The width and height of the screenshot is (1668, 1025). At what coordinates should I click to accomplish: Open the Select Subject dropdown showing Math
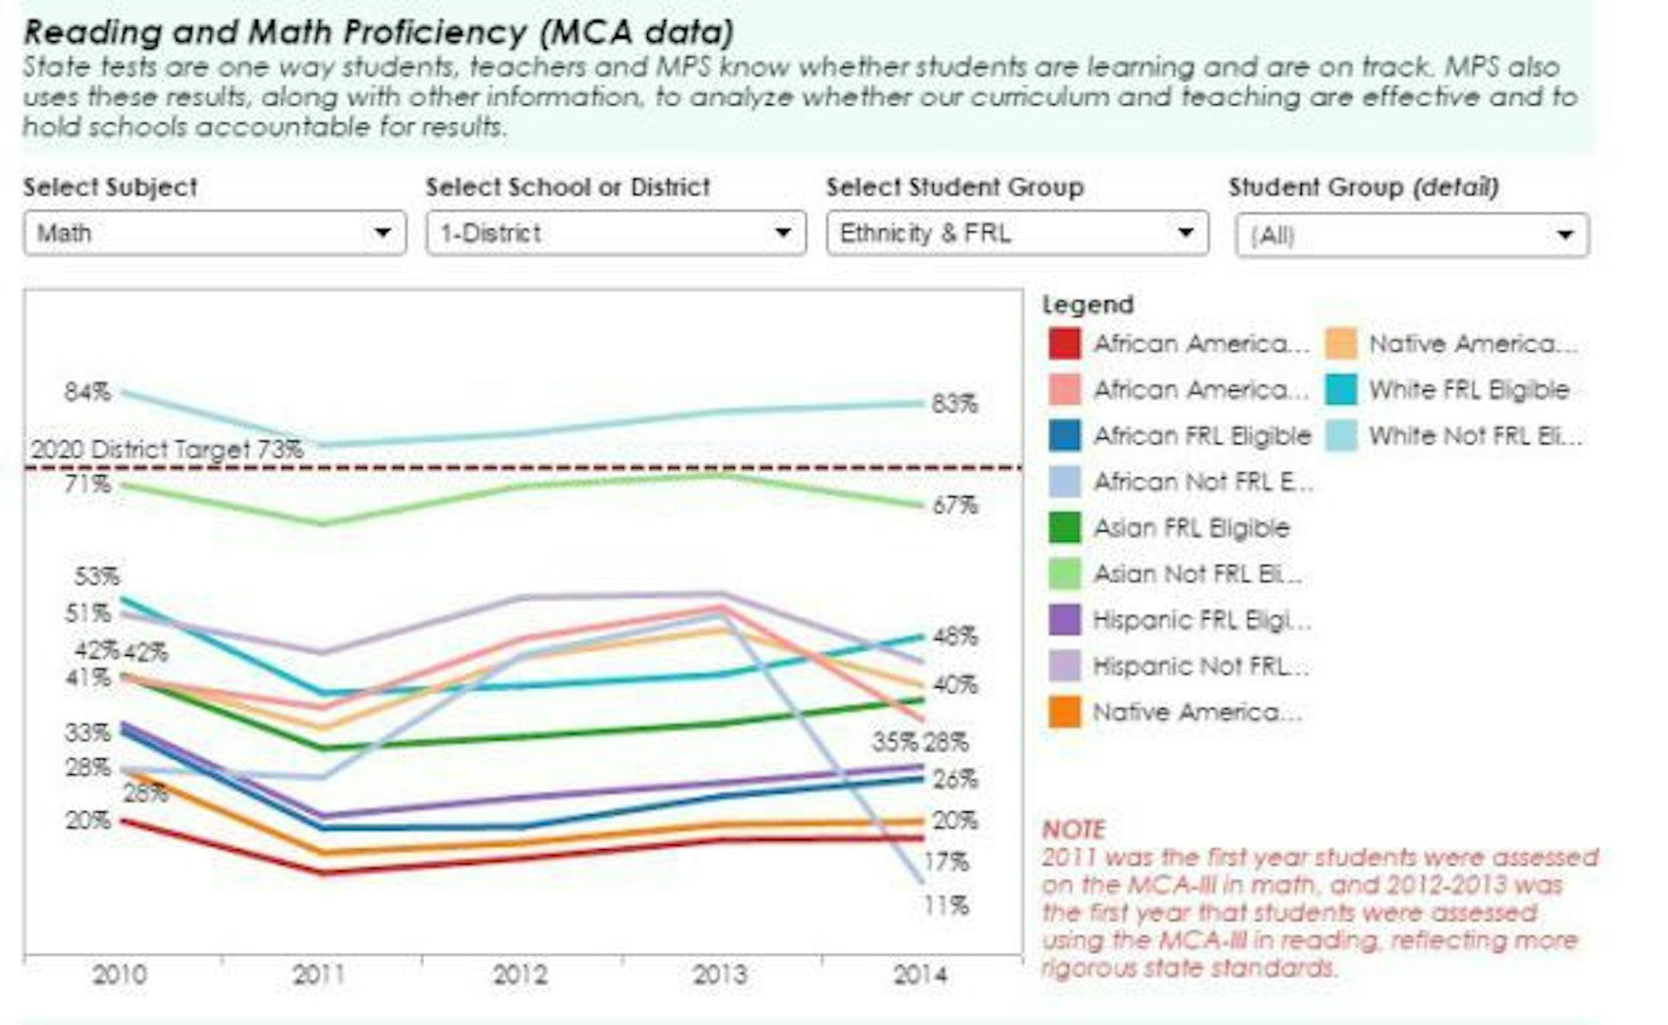click(214, 233)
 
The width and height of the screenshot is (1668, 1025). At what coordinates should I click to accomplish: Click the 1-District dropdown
click(615, 233)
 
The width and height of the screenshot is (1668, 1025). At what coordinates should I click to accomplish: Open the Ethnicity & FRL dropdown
click(1016, 233)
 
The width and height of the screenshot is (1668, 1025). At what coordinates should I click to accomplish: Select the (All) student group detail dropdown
click(1412, 235)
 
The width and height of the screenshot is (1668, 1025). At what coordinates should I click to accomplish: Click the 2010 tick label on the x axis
click(119, 975)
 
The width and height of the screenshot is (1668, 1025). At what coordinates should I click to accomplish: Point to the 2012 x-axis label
click(520, 975)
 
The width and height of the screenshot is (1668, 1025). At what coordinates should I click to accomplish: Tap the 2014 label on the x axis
click(920, 975)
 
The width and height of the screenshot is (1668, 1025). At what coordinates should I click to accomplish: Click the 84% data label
click(87, 392)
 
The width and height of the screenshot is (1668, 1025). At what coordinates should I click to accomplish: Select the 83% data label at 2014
click(954, 404)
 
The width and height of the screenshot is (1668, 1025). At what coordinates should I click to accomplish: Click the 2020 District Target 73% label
click(167, 450)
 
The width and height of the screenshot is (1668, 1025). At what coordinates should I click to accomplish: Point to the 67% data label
click(955, 505)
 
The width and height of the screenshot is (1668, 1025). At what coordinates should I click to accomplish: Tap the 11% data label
click(946, 905)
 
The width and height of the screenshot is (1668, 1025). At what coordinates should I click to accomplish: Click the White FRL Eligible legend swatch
click(1341, 390)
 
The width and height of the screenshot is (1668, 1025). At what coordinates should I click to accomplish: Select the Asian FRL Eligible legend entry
click(1192, 528)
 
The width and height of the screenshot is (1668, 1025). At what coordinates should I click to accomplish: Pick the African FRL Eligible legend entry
click(1202, 436)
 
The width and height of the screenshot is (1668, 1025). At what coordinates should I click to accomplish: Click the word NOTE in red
click(1073, 830)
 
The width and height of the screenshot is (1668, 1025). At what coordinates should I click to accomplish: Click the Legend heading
click(1088, 304)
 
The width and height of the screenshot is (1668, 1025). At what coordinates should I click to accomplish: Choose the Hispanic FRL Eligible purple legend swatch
click(1064, 620)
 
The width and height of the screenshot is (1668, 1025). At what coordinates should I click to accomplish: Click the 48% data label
click(955, 636)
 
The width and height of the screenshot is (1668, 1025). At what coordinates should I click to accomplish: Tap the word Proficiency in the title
click(435, 32)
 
